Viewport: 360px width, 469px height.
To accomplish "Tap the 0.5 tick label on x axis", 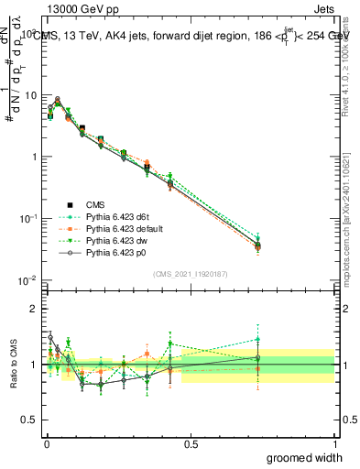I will point(190,443).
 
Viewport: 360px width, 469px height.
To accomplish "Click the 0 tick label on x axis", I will point(46,443).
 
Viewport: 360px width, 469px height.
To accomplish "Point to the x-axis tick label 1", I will point(334,443).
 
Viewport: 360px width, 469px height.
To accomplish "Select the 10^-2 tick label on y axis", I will point(28,279).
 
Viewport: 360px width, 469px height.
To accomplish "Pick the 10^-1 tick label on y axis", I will point(28,218).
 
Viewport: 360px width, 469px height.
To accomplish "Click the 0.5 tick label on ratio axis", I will point(30,420).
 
